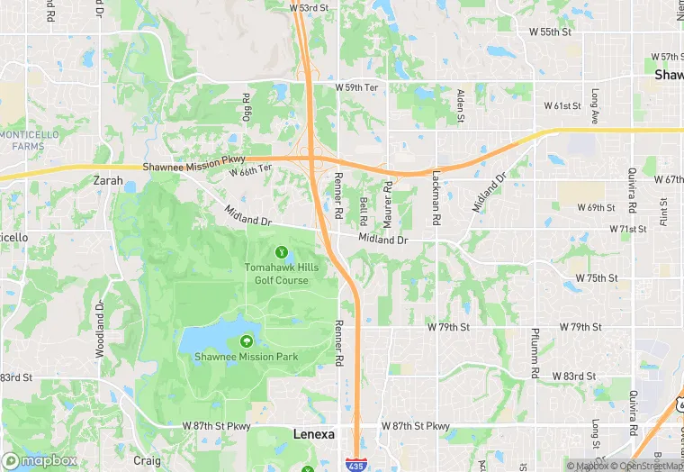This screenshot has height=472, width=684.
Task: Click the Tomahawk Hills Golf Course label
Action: (276, 274)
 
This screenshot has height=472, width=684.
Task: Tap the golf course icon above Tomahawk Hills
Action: (282, 252)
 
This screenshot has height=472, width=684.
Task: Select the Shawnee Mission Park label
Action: (246, 357)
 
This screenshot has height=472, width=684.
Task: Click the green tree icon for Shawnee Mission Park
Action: (246, 341)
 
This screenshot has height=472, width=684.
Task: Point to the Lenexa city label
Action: (314, 433)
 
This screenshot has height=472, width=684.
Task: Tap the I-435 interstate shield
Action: (357, 463)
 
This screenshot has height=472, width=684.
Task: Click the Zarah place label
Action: (108, 180)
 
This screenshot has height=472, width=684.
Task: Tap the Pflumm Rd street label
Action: (535, 352)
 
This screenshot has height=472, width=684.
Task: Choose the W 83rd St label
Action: (574, 375)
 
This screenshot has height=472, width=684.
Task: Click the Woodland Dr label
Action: (100, 311)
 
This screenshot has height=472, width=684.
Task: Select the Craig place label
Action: (147, 459)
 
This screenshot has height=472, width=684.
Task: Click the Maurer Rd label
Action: (388, 204)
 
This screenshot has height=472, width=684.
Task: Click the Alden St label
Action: (460, 105)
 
